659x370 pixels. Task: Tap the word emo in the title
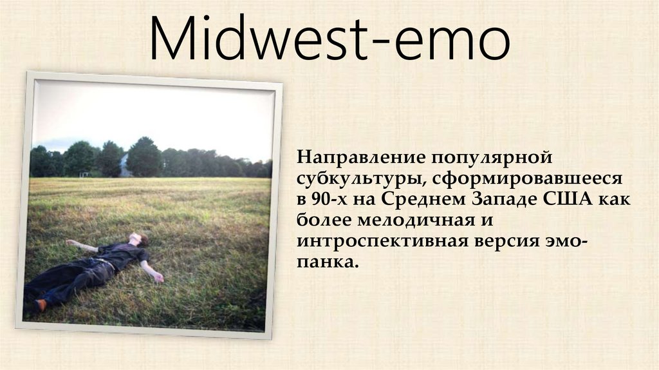point(454,41)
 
